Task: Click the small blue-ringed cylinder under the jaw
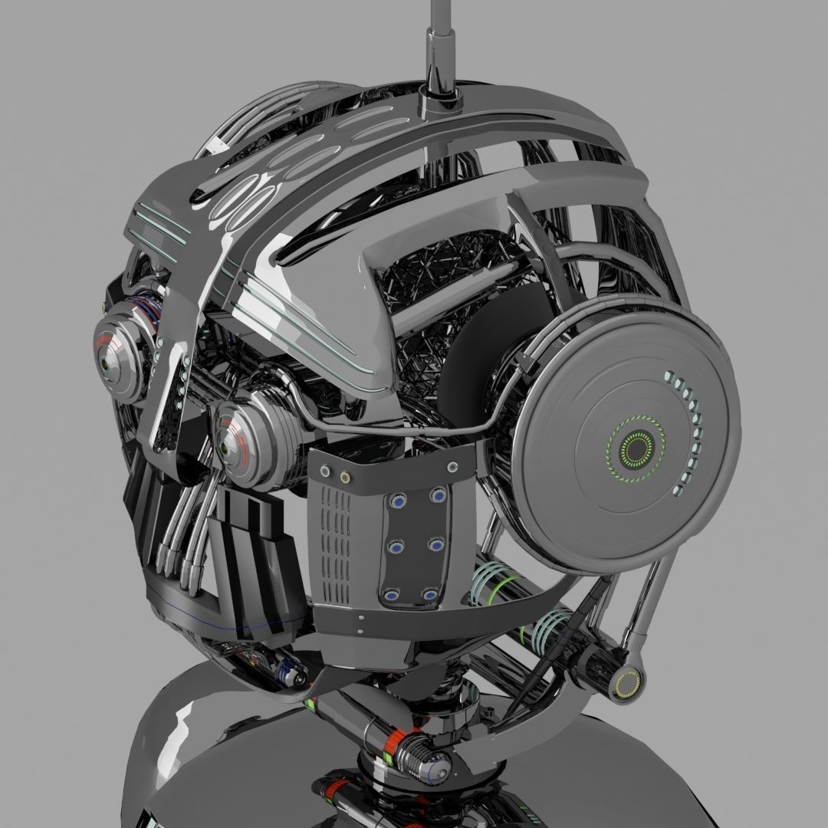coord(292,675)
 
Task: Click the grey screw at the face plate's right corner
coord(452,467)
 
